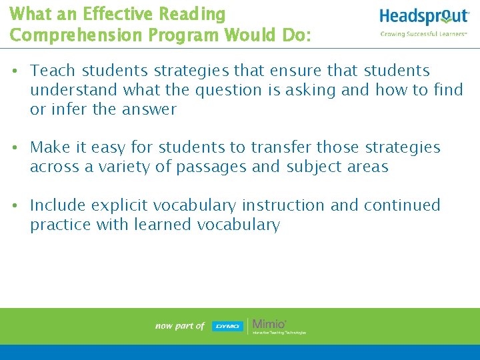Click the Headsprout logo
(x=424, y=17)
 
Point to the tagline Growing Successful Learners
(x=423, y=33)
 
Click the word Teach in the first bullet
(x=50, y=70)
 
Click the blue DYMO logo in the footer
(x=227, y=326)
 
